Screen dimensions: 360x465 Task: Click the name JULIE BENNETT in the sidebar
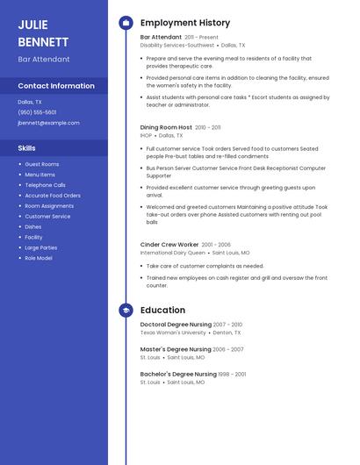43,32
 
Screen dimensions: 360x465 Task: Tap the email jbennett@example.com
48,123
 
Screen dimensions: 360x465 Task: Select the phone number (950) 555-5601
37,112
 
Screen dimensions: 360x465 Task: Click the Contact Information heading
56,86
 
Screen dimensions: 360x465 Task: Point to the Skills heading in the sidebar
27,148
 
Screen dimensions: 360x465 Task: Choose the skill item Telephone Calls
45,185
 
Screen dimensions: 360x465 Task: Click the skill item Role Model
38,258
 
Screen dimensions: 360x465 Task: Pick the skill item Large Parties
41,247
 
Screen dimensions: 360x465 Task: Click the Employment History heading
185,23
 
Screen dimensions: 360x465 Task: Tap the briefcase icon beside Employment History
126,23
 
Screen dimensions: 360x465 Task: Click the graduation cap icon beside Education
126,310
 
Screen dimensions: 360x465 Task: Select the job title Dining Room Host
166,127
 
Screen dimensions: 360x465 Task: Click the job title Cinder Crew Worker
169,245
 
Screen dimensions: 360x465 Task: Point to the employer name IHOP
146,136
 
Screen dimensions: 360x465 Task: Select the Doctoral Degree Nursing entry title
176,325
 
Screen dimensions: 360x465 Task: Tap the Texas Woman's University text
173,333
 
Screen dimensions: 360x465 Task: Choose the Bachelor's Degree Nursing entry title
178,374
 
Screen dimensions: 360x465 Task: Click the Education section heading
162,310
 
